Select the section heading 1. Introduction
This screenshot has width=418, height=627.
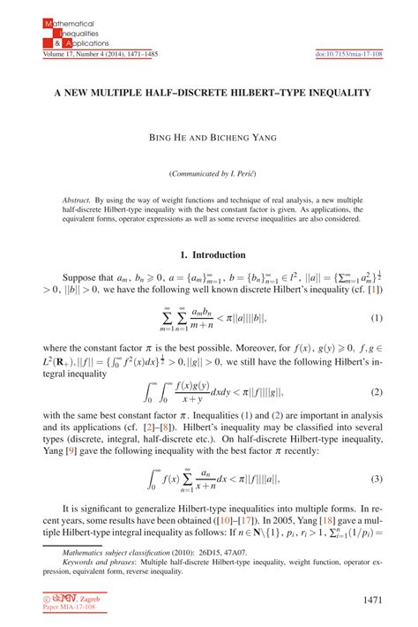(208, 255)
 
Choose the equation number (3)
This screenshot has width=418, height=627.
(375, 481)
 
